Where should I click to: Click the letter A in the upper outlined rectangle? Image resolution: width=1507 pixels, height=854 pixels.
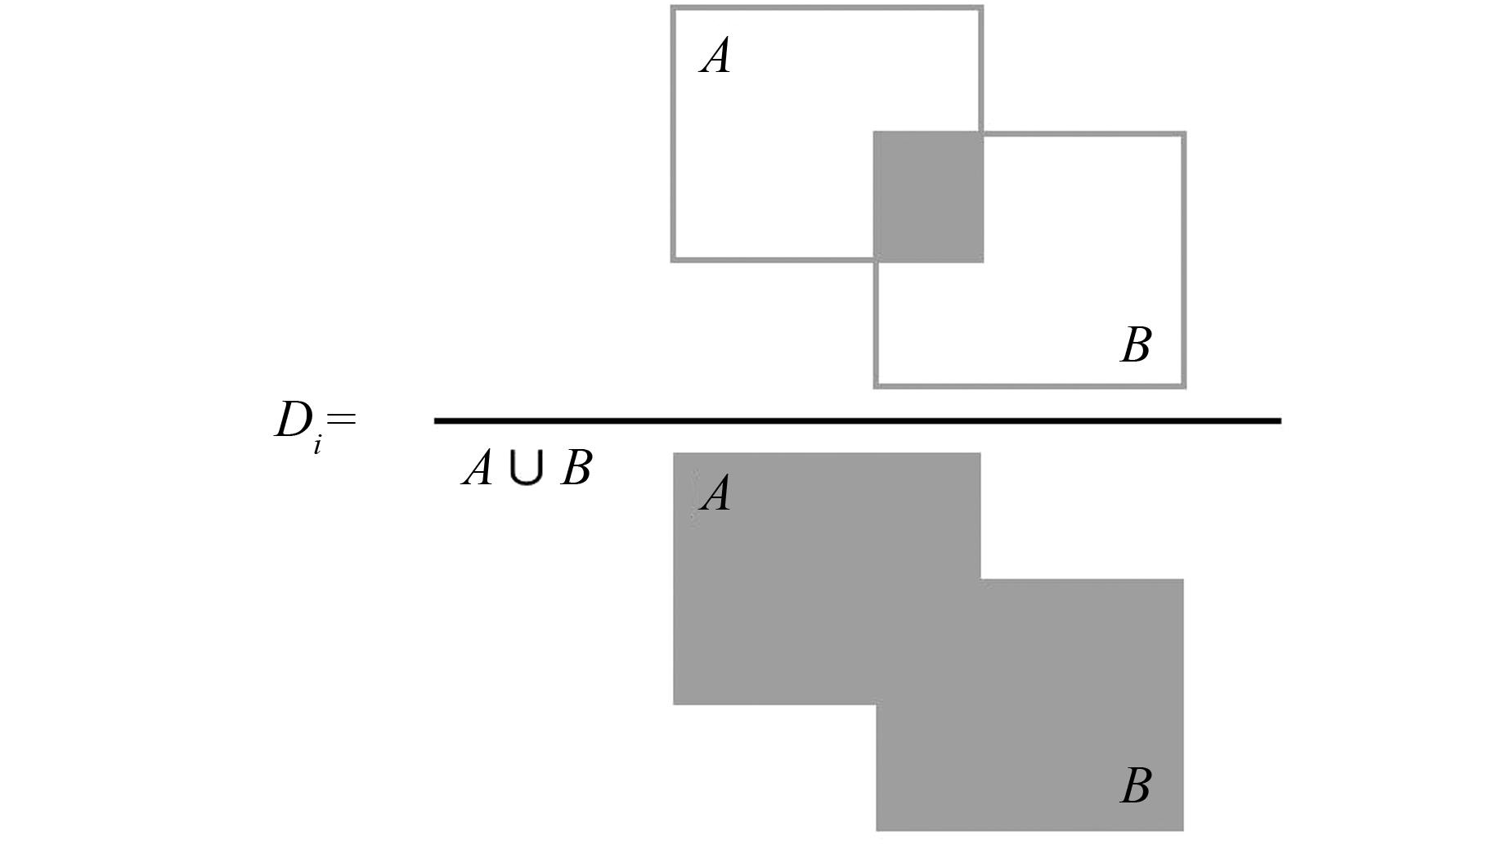(x=715, y=57)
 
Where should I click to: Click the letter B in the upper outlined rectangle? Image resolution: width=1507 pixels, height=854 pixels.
(x=1136, y=345)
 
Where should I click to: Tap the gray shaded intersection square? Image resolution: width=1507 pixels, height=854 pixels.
(x=928, y=196)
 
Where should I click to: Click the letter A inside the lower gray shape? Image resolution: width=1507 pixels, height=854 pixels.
(x=715, y=494)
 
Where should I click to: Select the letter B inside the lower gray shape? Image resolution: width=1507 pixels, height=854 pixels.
(x=1136, y=785)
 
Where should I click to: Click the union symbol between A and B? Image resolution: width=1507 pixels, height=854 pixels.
(x=526, y=469)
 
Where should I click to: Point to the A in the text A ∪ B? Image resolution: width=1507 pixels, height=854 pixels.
(x=478, y=469)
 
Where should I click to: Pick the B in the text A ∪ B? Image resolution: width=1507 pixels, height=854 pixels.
(x=576, y=469)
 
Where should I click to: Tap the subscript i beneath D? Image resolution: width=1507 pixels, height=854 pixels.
(x=317, y=446)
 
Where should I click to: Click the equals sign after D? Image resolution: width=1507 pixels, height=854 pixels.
(x=340, y=419)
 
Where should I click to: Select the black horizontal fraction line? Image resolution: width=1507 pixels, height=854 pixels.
(x=857, y=420)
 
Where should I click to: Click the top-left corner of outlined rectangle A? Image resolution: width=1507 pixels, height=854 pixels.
(x=673, y=8)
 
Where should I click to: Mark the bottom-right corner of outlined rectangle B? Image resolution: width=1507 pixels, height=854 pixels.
(x=1184, y=385)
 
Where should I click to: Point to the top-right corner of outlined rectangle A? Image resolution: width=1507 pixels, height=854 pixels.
(x=981, y=8)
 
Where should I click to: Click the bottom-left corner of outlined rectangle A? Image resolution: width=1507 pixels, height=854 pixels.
(x=673, y=260)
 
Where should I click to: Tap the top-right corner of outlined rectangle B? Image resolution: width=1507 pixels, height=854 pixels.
(x=1184, y=134)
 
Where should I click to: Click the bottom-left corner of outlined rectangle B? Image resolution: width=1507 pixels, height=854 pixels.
(x=876, y=385)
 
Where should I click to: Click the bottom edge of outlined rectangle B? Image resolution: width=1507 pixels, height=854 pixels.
(x=1030, y=385)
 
